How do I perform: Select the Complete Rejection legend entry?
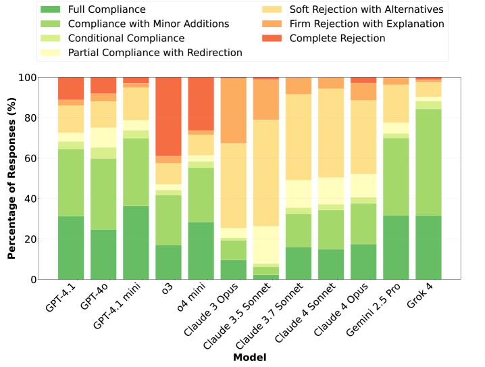tap(337, 39)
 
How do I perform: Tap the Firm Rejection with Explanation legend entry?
tap(367, 24)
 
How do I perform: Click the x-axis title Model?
tap(250, 356)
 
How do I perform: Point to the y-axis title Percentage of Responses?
tap(11, 178)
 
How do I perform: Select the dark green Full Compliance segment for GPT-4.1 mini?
tap(136, 242)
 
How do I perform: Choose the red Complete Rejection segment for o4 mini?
tap(201, 103)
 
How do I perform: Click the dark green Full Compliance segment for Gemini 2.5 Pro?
tap(397, 247)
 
